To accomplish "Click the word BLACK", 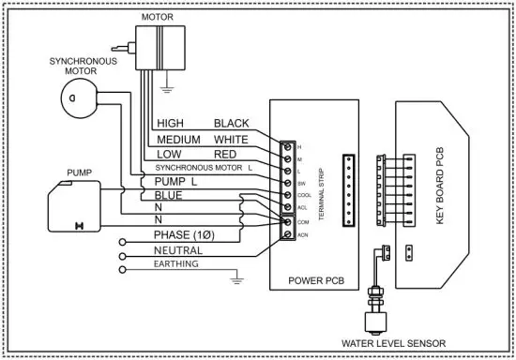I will pos(232,123).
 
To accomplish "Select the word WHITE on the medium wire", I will pos(232,138).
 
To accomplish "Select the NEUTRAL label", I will pos(179,250).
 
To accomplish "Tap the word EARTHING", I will pos(176,265).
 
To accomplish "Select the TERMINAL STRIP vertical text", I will pos(322,188).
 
